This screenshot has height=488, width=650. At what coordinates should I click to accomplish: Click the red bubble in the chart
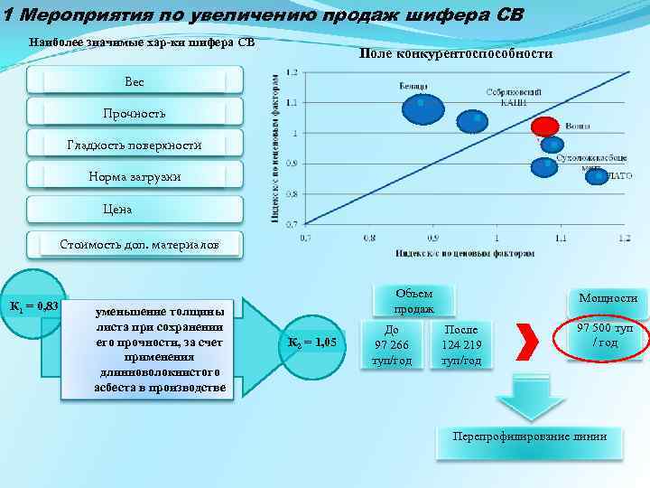tap(545, 127)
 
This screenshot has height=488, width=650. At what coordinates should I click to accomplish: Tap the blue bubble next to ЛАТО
tap(597, 176)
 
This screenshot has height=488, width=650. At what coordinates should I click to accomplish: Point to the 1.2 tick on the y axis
tap(292, 72)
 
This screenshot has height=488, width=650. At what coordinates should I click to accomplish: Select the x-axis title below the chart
tap(464, 253)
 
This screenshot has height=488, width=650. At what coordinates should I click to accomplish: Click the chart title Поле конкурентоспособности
tap(455, 54)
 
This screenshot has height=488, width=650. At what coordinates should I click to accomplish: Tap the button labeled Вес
tap(135, 81)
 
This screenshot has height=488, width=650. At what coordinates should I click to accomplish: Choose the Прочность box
tap(135, 114)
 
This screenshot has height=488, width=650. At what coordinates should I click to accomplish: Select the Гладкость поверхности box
tap(135, 145)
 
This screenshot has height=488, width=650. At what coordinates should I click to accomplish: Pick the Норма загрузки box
tap(135, 177)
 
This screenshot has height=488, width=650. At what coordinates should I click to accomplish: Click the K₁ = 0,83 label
tap(33, 305)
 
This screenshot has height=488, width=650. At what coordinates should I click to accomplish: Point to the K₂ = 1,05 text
tap(311, 343)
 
